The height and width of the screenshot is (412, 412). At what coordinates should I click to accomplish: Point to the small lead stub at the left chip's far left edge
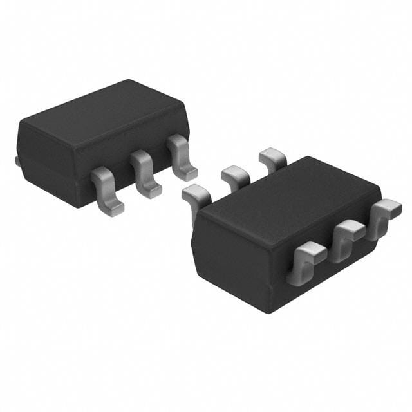(17, 160)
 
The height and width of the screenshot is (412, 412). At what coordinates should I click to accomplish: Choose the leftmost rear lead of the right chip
(197, 194)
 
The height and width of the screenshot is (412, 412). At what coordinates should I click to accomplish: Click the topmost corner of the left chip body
(129, 80)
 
